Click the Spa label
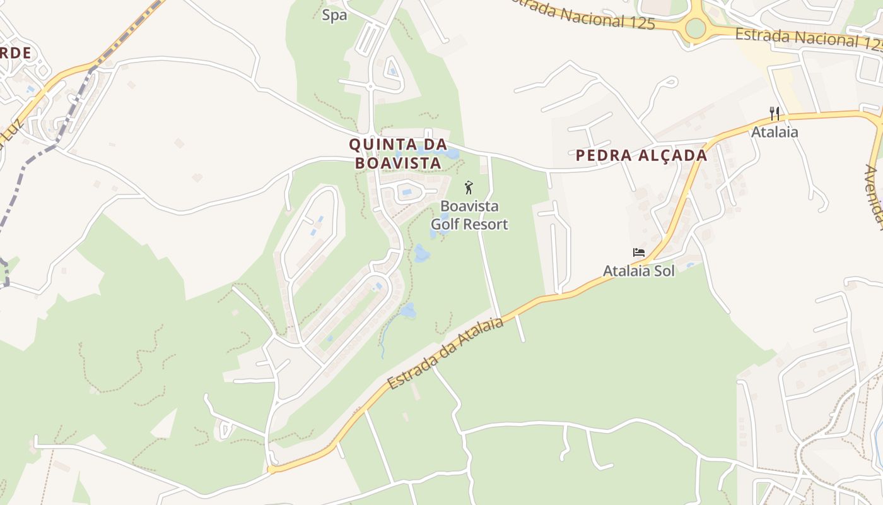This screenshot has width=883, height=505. [x=334, y=15]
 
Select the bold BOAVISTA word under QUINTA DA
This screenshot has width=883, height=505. [x=397, y=163]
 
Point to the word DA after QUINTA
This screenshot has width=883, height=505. [x=435, y=145]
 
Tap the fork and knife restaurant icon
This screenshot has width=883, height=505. [x=775, y=114]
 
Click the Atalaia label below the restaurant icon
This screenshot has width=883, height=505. [x=775, y=132]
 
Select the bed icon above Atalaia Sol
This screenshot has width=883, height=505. [x=639, y=252]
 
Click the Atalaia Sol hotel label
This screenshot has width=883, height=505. [x=639, y=271]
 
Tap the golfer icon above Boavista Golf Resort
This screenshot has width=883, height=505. [x=469, y=187]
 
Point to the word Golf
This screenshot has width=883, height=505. [x=462, y=223]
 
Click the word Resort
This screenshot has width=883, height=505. [x=493, y=223]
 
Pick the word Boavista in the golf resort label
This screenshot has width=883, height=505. [x=469, y=206]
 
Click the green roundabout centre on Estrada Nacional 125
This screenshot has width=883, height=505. [x=694, y=28]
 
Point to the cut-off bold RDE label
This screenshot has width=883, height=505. [x=15, y=53]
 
